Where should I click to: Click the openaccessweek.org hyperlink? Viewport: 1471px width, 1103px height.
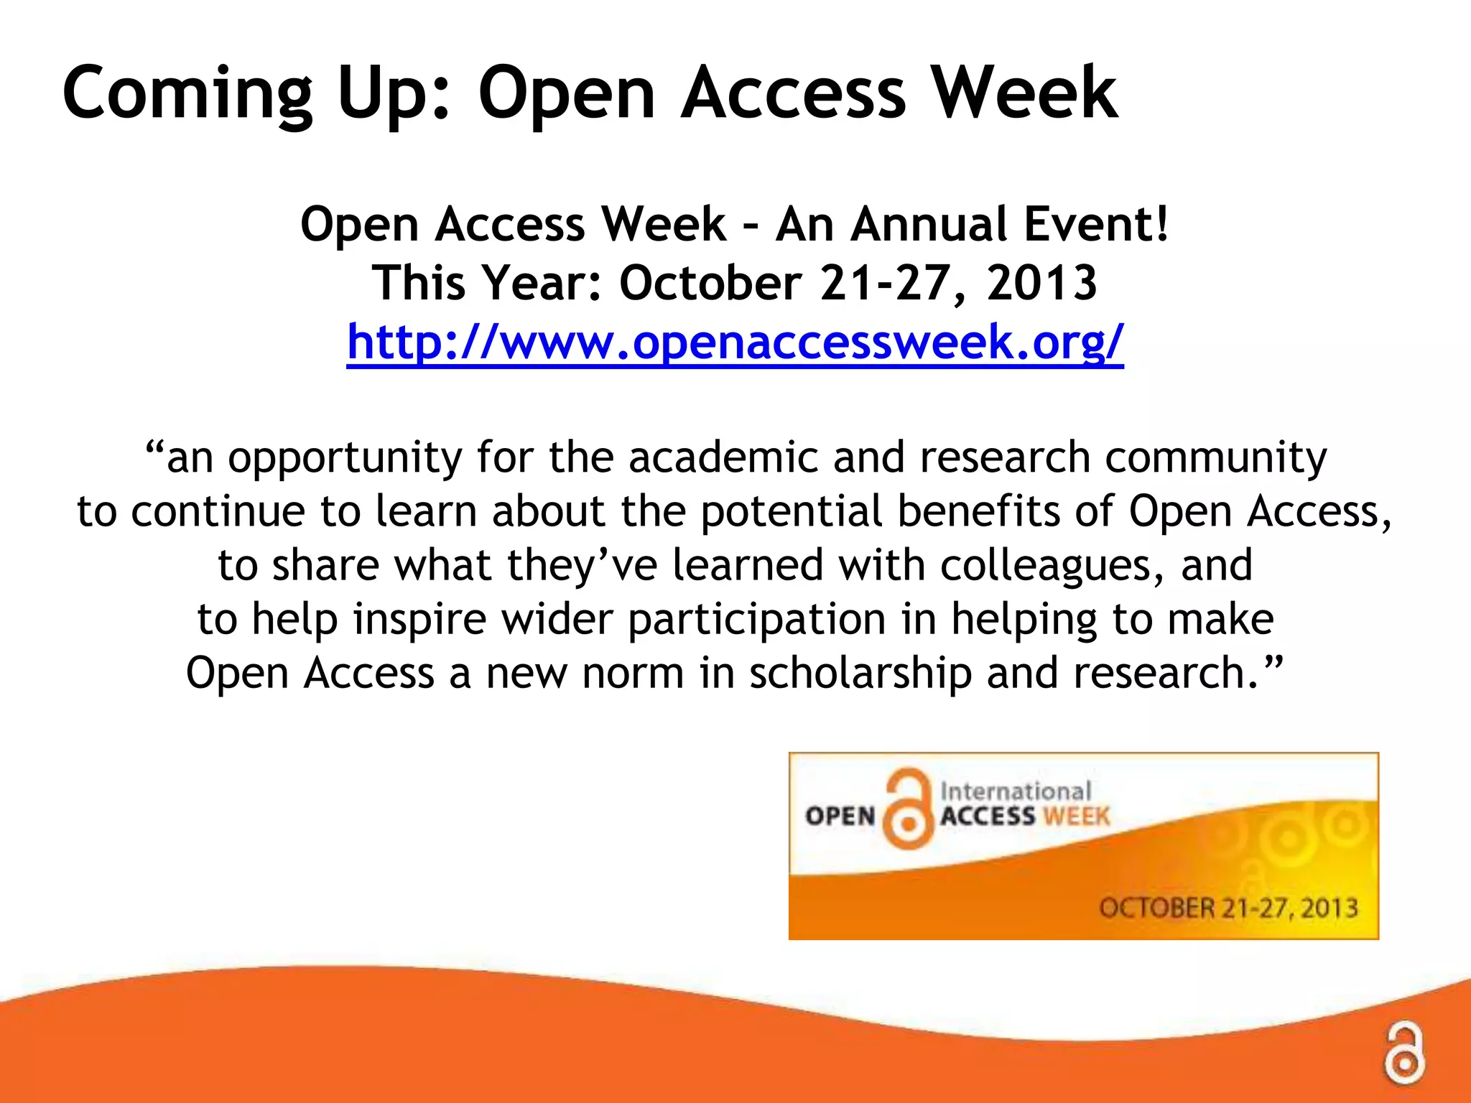click(735, 343)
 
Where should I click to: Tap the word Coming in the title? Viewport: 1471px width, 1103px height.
click(187, 94)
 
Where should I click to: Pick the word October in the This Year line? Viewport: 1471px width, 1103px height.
click(710, 283)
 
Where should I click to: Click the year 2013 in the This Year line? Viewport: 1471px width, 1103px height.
click(1041, 283)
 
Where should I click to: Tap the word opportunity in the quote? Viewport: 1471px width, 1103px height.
click(345, 458)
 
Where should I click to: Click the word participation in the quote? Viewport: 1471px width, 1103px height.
click(757, 620)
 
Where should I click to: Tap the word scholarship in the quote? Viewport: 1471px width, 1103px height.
click(860, 674)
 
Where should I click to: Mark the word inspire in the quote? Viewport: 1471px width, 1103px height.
click(419, 620)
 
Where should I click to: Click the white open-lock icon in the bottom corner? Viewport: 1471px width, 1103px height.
click(1405, 1054)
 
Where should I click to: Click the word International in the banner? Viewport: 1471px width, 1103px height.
click(1016, 791)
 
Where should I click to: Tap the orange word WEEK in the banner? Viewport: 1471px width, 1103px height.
click(1076, 816)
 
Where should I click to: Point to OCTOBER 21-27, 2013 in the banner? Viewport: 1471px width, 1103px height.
click(1228, 908)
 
